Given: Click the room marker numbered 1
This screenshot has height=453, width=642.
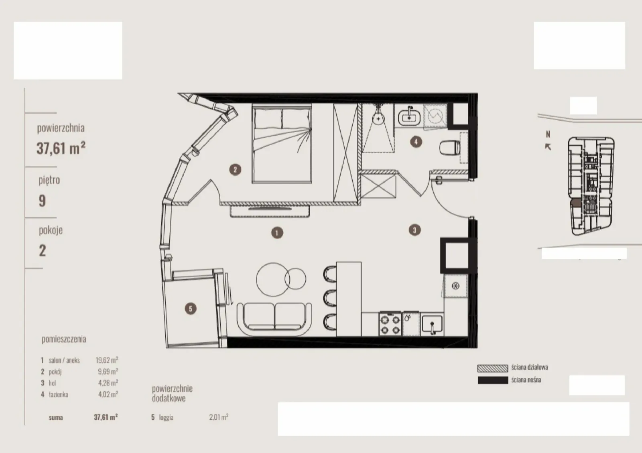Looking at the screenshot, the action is pyautogui.click(x=277, y=233).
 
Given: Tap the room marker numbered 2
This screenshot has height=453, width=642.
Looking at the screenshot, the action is pyautogui.click(x=235, y=170).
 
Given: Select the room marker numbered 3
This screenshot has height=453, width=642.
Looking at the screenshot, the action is pyautogui.click(x=414, y=230).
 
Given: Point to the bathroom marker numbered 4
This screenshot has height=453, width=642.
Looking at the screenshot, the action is pyautogui.click(x=416, y=142).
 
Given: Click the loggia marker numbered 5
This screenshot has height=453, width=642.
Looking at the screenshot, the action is pyautogui.click(x=191, y=309).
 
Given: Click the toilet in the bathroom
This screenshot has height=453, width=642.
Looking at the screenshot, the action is pyautogui.click(x=449, y=148).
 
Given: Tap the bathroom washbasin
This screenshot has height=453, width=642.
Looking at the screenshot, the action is pyautogui.click(x=409, y=116).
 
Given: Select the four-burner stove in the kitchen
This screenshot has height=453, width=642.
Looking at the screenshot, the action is pyautogui.click(x=390, y=323).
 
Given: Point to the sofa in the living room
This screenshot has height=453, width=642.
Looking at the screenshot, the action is pyautogui.click(x=274, y=319).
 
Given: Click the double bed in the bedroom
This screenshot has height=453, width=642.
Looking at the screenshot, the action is pyautogui.click(x=282, y=144).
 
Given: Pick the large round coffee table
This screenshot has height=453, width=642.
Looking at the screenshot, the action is pyautogui.click(x=273, y=279).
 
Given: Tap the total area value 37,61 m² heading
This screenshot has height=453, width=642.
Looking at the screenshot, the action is pyautogui.click(x=61, y=148).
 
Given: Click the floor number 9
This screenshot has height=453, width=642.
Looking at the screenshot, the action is pyautogui.click(x=42, y=201).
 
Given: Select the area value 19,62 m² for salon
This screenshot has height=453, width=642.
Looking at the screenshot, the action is pyautogui.click(x=107, y=360).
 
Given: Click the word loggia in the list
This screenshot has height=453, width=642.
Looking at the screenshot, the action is pyautogui.click(x=166, y=417).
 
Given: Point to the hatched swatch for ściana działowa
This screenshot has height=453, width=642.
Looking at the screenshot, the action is pyautogui.click(x=493, y=368).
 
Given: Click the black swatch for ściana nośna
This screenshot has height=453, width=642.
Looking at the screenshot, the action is pyautogui.click(x=493, y=380).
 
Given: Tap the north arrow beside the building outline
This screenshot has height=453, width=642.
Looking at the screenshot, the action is pyautogui.click(x=548, y=147).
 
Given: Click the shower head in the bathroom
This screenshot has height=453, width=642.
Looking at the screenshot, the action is pyautogui.click(x=379, y=118).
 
